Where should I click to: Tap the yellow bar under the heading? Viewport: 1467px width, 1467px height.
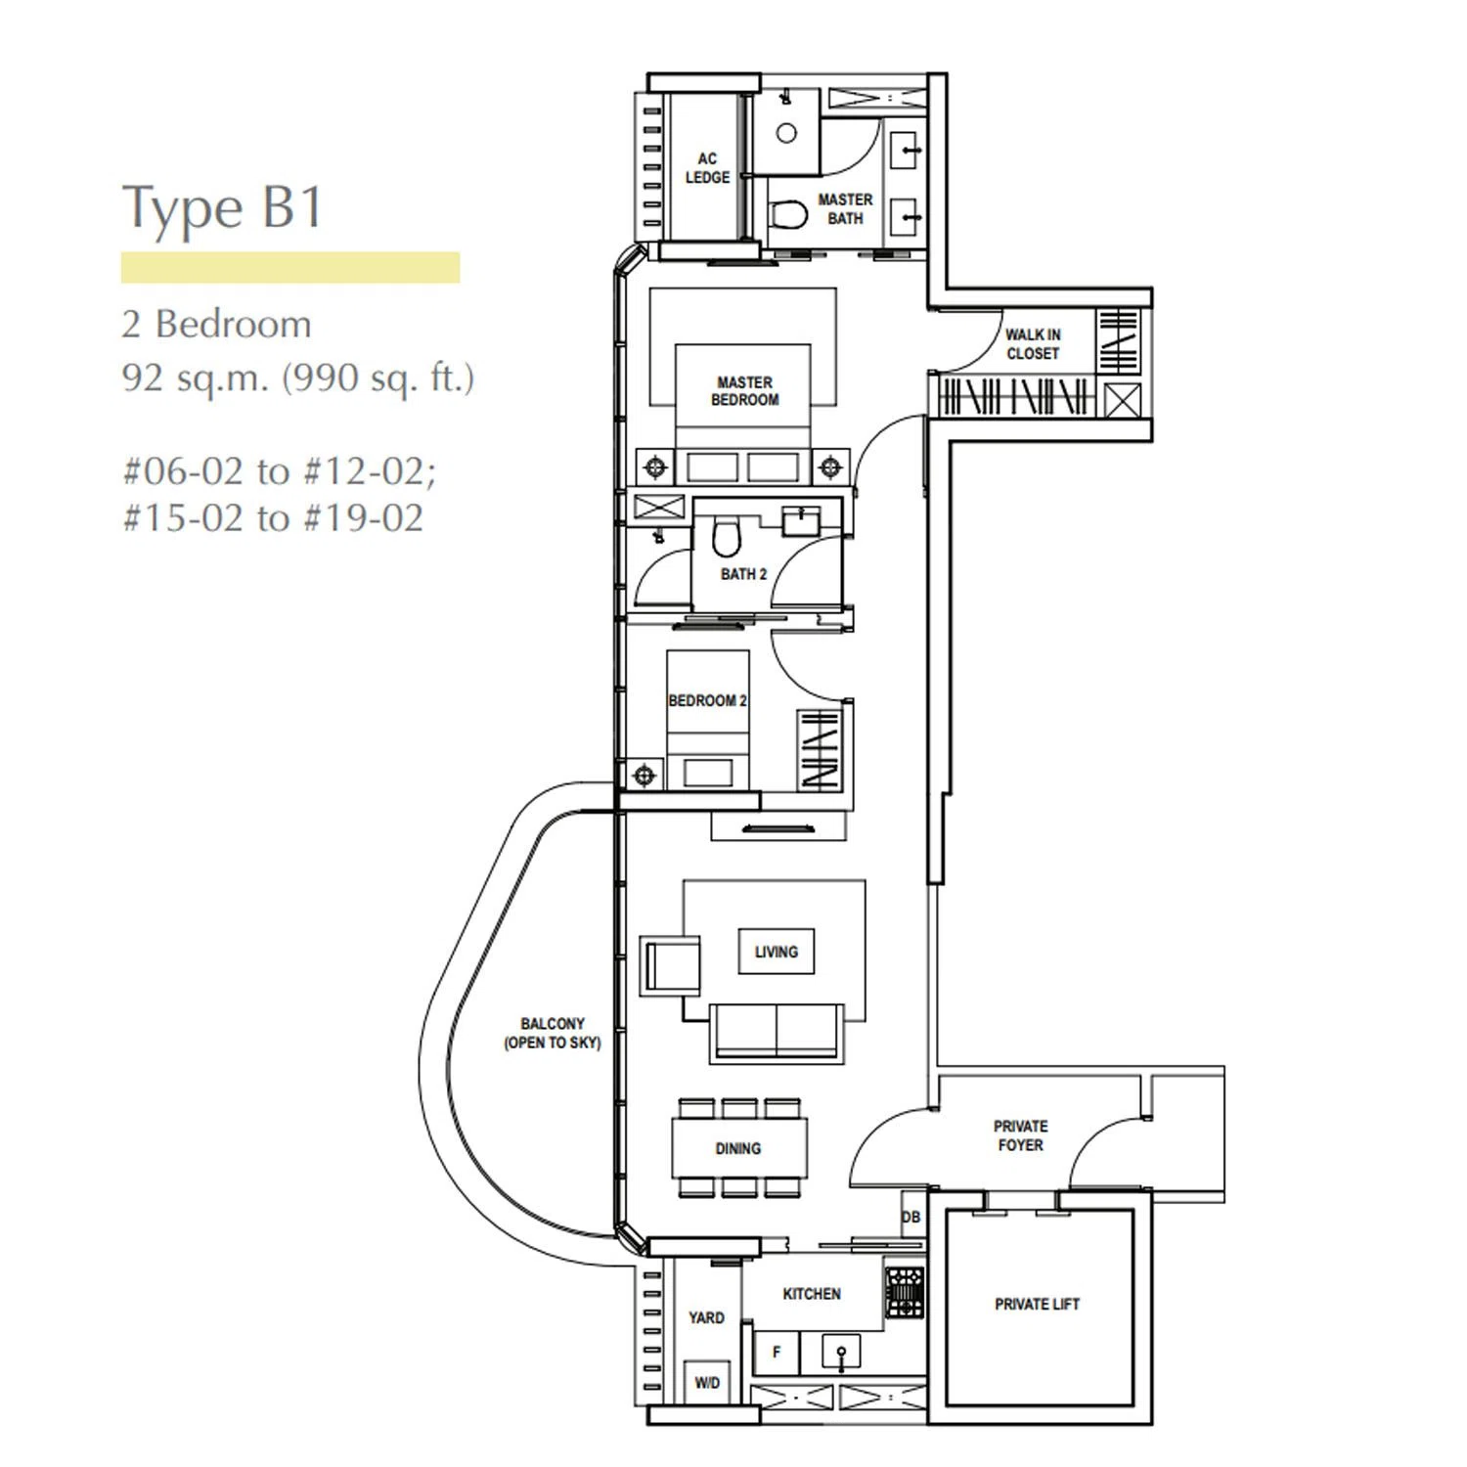290,267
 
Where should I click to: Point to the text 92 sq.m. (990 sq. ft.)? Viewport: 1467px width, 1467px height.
297,378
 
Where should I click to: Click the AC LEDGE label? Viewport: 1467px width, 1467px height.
707,168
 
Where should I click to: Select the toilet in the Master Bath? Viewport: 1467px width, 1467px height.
788,213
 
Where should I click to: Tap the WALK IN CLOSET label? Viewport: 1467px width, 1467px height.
1033,344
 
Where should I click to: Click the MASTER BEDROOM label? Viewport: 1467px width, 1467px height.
745,391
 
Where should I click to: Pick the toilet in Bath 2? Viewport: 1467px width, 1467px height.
725,536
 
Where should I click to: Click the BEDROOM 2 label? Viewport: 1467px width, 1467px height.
707,700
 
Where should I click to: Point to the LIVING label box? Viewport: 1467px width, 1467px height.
776,952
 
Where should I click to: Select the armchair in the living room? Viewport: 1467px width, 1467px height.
670,965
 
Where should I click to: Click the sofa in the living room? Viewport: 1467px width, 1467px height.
777,1032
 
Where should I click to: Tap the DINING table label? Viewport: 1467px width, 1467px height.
738,1148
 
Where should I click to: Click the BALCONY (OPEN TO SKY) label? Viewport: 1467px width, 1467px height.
553,1033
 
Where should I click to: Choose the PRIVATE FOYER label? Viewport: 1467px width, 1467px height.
1020,1135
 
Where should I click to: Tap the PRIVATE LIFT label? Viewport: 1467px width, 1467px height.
1037,1304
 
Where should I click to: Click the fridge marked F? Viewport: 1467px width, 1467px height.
777,1353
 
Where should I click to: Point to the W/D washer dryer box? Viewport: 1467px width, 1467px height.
707,1383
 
